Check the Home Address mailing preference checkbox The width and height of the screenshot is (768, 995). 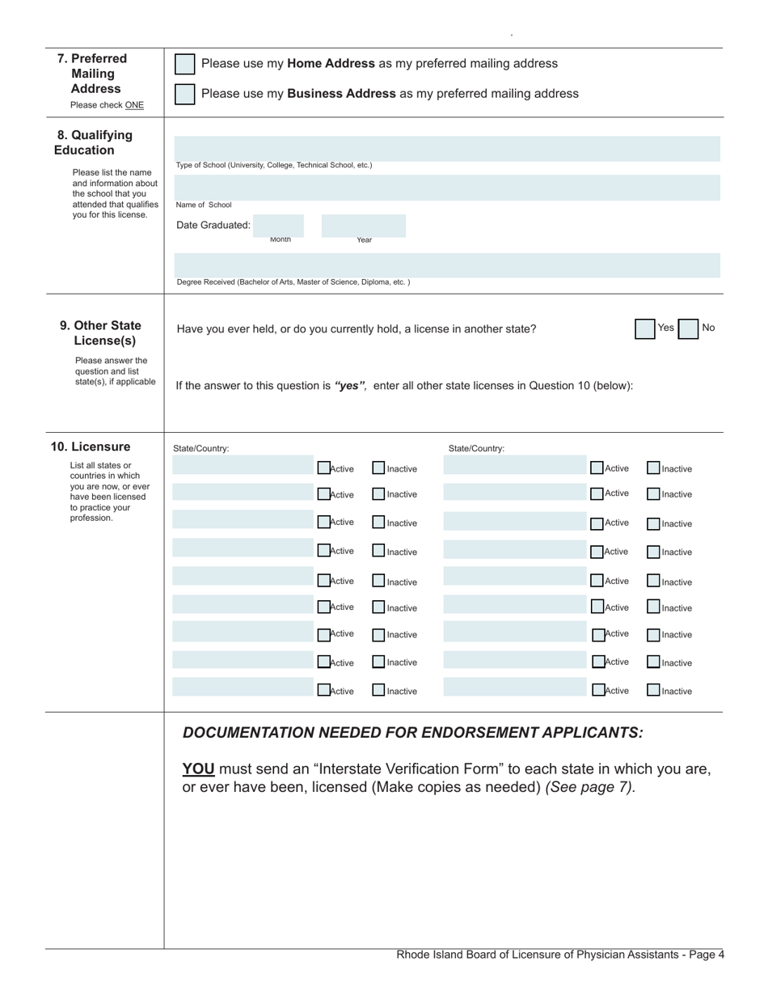(185, 64)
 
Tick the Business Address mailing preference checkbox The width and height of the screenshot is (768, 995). (185, 94)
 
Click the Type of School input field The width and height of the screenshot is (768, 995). (447, 148)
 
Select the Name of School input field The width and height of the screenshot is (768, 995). (447, 188)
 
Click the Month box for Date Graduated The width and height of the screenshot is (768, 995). (278, 225)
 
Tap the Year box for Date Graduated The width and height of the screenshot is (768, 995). (363, 225)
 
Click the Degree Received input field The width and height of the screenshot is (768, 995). (447, 265)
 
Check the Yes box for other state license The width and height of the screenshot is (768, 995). (644, 328)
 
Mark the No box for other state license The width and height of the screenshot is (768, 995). (688, 328)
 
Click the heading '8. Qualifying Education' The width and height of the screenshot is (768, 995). (94, 142)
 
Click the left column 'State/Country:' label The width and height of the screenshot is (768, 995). (201, 448)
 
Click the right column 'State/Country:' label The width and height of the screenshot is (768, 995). (476, 448)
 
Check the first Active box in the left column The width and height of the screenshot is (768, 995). (323, 468)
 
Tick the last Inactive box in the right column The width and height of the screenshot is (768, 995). (653, 690)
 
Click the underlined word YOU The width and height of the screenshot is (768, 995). (198, 768)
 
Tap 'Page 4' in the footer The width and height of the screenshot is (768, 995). (707, 955)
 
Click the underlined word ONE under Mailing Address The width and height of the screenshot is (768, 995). (134, 105)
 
